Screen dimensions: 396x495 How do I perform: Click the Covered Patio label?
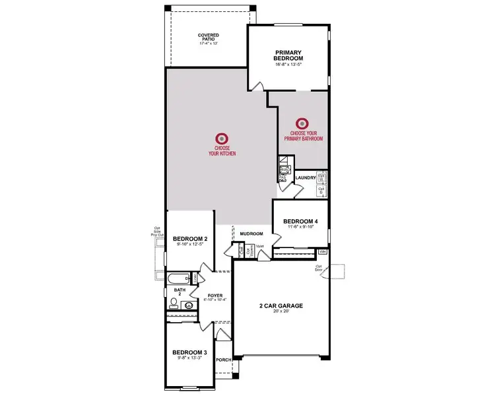(209, 38)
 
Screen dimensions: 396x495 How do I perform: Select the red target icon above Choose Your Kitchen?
(222, 139)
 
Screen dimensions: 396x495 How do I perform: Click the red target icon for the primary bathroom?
(302, 123)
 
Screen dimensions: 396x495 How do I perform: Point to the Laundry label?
(306, 177)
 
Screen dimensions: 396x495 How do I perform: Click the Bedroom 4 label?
(301, 222)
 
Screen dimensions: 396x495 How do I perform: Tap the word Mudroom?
(251, 234)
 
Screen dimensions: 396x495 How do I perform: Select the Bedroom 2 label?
(190, 238)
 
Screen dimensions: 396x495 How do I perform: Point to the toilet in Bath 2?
(174, 304)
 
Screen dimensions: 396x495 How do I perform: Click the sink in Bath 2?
(189, 306)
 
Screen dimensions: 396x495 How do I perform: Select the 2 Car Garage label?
(280, 306)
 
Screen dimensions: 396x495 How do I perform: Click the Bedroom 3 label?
(189, 352)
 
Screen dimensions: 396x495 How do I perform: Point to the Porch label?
(224, 360)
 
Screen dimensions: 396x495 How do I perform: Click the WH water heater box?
(322, 252)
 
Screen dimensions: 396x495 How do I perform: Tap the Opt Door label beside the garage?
(318, 267)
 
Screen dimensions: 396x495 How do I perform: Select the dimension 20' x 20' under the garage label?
(280, 312)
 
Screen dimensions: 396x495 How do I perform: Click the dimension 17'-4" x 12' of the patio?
(209, 43)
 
